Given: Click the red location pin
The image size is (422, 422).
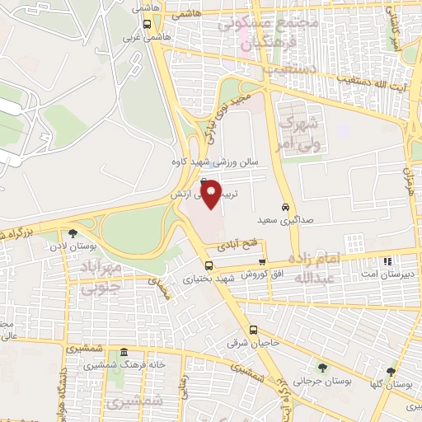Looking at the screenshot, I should (211, 193).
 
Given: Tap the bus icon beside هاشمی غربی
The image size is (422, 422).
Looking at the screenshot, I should (148, 24).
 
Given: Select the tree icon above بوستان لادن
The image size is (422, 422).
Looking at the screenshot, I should (73, 233).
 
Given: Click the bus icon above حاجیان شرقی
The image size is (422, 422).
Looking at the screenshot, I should (209, 265).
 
